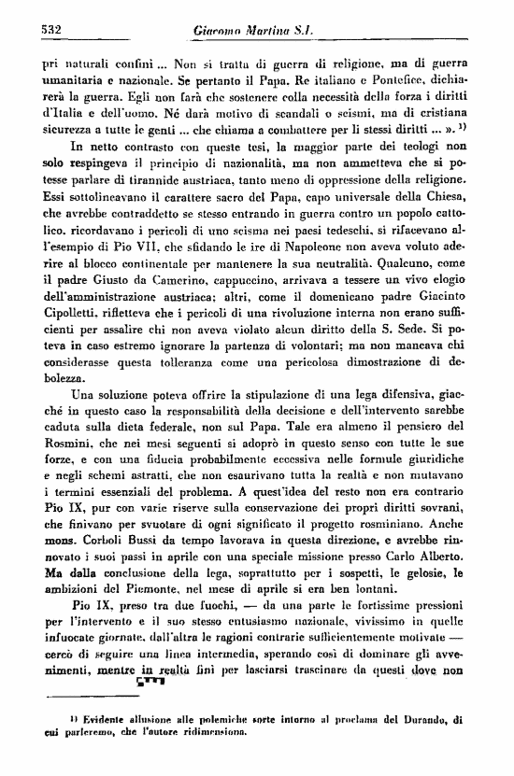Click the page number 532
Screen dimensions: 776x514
(x=46, y=30)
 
